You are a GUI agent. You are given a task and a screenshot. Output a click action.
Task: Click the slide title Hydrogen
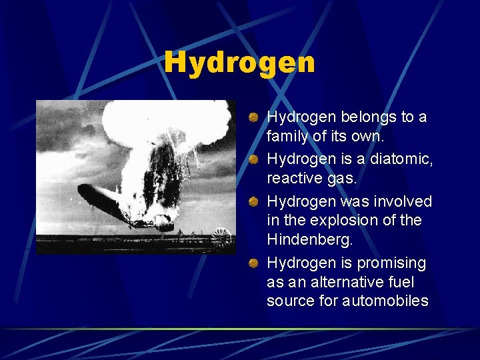click(x=239, y=63)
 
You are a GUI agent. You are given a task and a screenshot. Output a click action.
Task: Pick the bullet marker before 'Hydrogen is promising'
click(x=254, y=264)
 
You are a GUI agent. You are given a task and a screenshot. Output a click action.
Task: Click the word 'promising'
click(x=392, y=263)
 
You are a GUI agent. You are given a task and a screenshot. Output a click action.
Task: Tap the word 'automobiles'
click(x=385, y=301)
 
